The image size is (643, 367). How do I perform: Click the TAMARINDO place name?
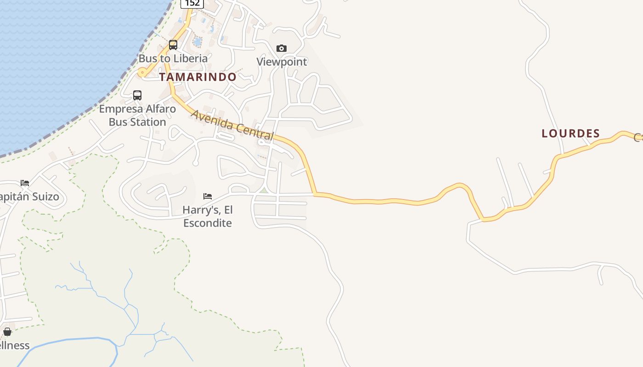click(198, 77)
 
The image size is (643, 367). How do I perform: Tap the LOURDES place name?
click(570, 133)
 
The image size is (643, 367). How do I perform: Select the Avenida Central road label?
click(232, 125)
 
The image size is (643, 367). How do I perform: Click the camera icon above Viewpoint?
click(282, 48)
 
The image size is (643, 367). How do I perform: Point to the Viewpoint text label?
click(282, 61)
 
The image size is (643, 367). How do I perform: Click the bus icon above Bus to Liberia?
click(173, 45)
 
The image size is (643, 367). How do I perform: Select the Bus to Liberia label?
click(173, 58)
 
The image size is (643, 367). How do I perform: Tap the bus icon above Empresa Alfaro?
click(137, 95)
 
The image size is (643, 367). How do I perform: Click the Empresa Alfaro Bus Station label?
click(137, 115)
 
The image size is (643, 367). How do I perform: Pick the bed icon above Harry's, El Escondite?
click(208, 196)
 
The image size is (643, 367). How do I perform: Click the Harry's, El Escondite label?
click(208, 216)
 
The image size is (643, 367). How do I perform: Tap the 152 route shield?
click(192, 3)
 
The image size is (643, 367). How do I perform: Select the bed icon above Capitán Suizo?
click(25, 183)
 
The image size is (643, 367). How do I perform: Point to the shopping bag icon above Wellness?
click(7, 332)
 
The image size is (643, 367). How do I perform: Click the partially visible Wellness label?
click(14, 345)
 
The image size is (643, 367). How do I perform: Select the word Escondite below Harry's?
click(208, 223)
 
